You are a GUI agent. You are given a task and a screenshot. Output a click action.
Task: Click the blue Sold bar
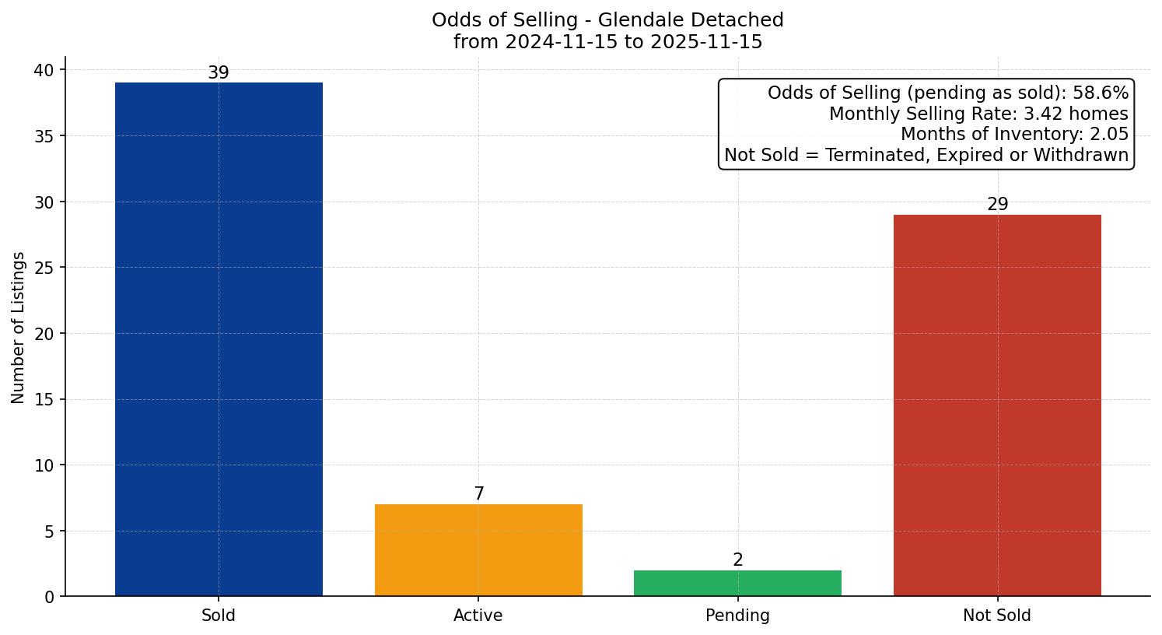(219, 339)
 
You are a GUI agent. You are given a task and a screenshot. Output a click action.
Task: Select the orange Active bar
(478, 550)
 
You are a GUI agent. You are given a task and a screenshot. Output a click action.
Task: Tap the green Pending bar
(737, 583)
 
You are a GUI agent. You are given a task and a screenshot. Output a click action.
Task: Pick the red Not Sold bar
(997, 405)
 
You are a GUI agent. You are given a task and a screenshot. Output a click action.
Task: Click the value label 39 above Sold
(219, 73)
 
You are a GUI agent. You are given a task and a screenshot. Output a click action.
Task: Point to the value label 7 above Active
(478, 494)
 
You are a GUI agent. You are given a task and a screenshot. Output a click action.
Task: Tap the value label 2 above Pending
(737, 560)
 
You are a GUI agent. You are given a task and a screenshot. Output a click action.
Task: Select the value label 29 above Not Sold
(997, 205)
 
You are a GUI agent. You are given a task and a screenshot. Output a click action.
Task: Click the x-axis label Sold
(219, 616)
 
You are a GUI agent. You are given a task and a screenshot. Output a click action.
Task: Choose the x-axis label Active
(478, 616)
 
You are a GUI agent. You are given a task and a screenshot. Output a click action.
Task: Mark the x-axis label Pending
(737, 616)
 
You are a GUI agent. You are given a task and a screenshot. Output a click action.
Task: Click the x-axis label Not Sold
(997, 616)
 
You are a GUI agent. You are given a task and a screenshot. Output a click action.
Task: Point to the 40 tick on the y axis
(44, 70)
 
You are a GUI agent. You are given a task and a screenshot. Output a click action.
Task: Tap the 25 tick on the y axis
(44, 268)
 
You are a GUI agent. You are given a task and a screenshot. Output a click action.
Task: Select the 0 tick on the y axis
(50, 597)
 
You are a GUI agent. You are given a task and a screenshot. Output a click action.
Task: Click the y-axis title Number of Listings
(19, 328)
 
